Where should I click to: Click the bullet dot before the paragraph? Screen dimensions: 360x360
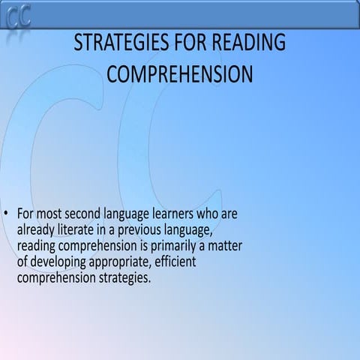pos(7,214)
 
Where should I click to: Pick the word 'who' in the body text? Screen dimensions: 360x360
pos(212,214)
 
